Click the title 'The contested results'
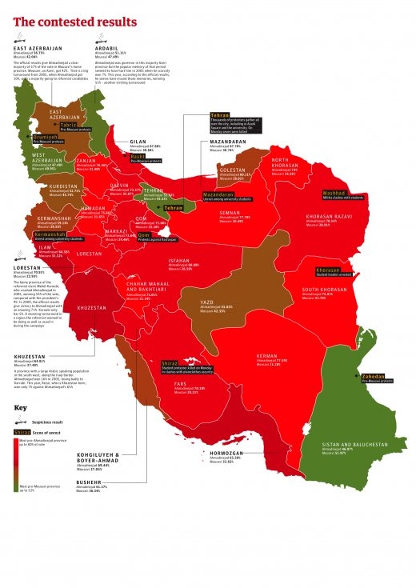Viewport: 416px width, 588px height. (75, 22)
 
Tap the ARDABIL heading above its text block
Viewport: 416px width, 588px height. (109, 47)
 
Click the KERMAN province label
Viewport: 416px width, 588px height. (267, 355)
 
